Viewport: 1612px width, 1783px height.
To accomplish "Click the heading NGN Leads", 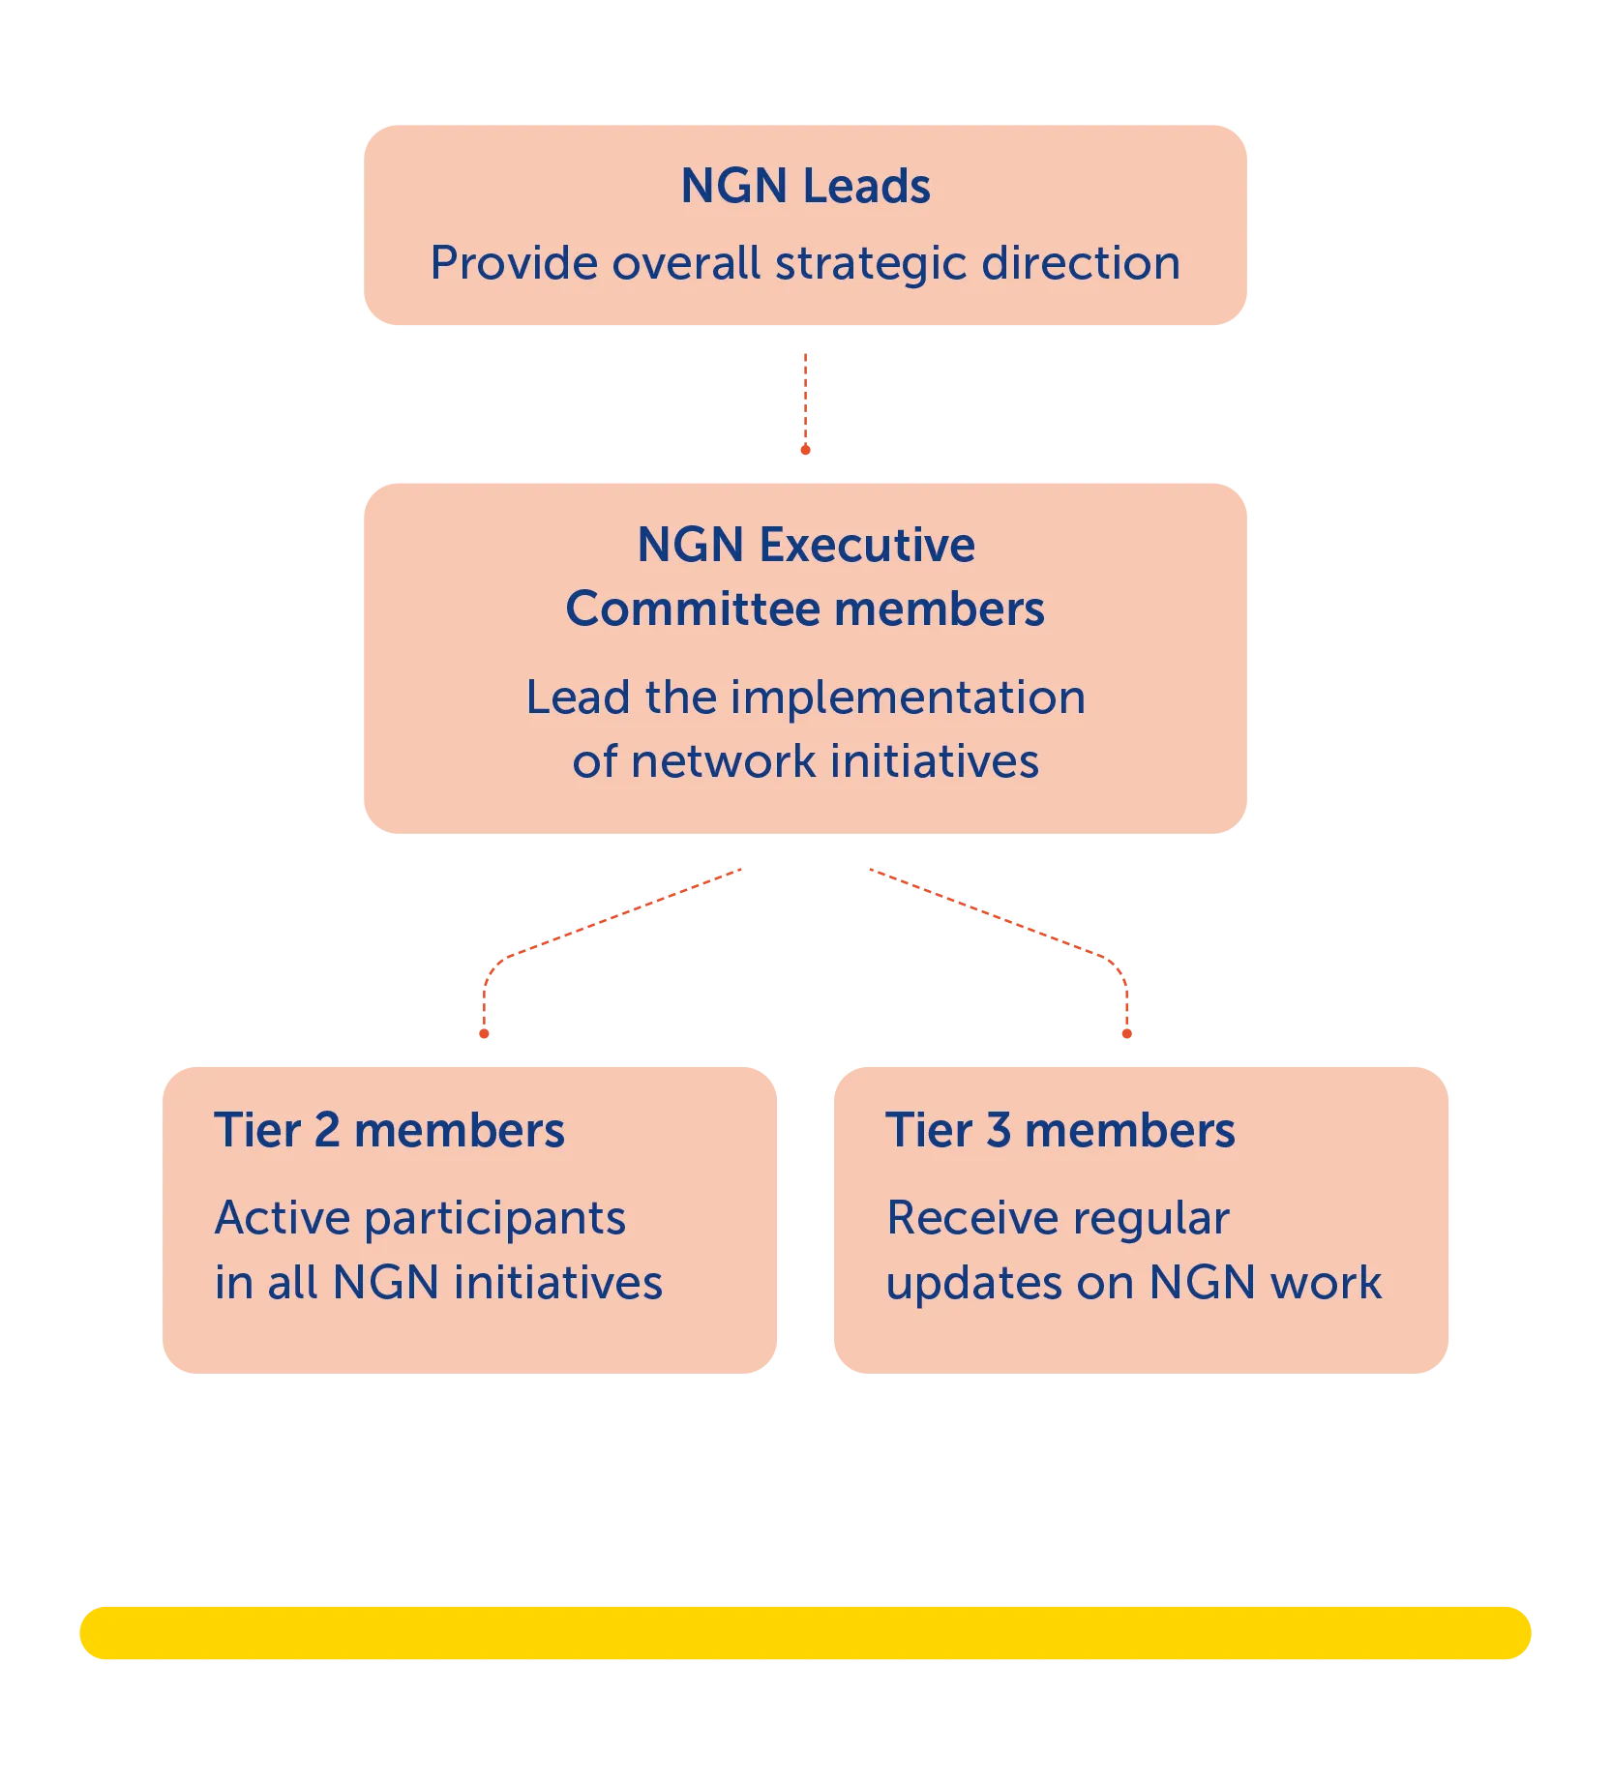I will [x=805, y=186].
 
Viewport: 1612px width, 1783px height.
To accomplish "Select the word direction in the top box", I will [x=1081, y=263].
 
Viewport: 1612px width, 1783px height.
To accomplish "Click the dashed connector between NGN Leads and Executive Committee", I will [x=805, y=402].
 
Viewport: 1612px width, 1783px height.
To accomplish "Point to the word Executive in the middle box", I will [x=867, y=545].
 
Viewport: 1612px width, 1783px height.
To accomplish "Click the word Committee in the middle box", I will [x=693, y=609].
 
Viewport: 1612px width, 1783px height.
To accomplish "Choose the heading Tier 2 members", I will [x=389, y=1130].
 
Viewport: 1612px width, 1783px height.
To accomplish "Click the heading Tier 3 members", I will [x=1060, y=1130].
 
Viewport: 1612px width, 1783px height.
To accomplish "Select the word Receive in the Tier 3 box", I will [x=963, y=1218].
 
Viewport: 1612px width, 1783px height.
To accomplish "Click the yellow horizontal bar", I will [x=805, y=1633].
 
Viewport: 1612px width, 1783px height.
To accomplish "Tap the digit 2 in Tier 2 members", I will [x=327, y=1130].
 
